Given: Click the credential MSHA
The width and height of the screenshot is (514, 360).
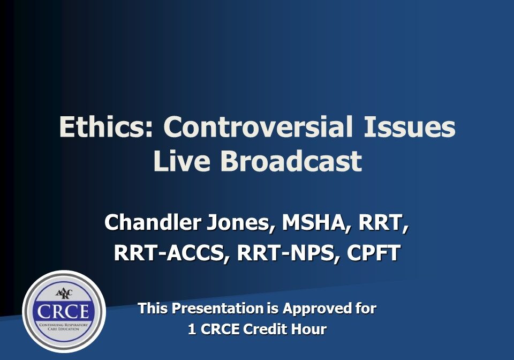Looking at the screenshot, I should click(x=311, y=222).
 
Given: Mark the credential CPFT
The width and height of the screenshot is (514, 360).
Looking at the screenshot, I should click(x=373, y=253).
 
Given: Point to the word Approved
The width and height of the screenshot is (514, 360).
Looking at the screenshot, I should click(x=315, y=309).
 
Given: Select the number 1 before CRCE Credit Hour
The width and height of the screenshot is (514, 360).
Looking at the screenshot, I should click(x=192, y=329).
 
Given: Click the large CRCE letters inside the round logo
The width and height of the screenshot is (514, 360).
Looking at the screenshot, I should click(x=63, y=311).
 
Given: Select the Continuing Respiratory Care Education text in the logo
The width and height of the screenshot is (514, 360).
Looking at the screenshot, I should click(x=63, y=326).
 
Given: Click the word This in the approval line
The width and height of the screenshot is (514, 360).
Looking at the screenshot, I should click(x=151, y=309).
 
